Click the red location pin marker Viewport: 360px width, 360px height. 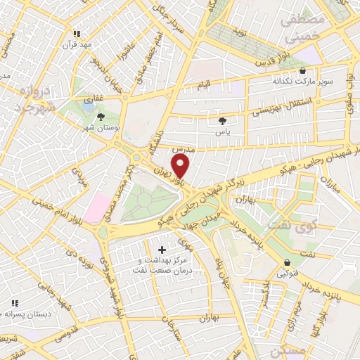(x=181, y=166)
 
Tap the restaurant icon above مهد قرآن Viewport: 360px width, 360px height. (x=77, y=33)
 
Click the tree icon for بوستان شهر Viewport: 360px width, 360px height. (x=103, y=117)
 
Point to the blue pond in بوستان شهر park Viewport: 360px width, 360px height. (x=89, y=100)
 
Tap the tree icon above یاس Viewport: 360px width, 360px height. (x=223, y=120)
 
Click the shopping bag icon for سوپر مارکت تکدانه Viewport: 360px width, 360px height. (x=303, y=71)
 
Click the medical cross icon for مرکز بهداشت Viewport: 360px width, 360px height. (x=162, y=250)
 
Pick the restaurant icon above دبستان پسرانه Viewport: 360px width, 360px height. (x=13, y=303)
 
